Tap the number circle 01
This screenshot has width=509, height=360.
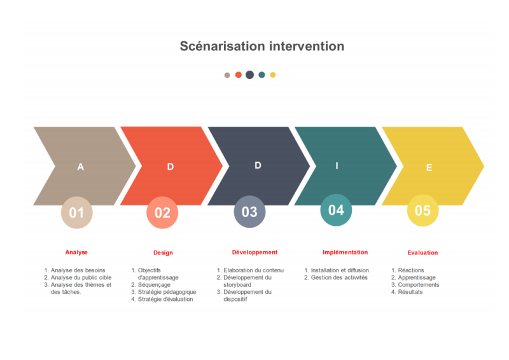(x=76, y=212)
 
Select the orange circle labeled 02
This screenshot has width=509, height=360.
(x=162, y=212)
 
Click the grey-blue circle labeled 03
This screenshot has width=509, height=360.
(x=249, y=212)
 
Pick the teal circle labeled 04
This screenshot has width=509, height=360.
(x=336, y=210)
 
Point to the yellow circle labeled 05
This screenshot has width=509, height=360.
(x=422, y=211)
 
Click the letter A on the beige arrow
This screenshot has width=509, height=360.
(x=81, y=167)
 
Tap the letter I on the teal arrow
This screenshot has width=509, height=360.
(x=337, y=166)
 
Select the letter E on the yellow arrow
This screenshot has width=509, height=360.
(x=429, y=167)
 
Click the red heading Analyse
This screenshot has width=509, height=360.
(x=76, y=253)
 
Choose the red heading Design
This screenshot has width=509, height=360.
(x=163, y=253)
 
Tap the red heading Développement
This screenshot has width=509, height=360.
(x=255, y=253)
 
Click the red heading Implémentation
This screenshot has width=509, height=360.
(x=345, y=253)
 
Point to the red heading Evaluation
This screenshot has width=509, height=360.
(x=422, y=253)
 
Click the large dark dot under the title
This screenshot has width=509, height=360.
(x=249, y=74)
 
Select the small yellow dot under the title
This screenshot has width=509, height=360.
(x=273, y=74)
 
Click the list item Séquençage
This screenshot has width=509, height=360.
(x=154, y=285)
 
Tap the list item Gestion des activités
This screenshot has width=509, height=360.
(x=339, y=277)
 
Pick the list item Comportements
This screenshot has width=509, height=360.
(x=419, y=285)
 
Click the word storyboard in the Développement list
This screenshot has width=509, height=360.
(x=237, y=285)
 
